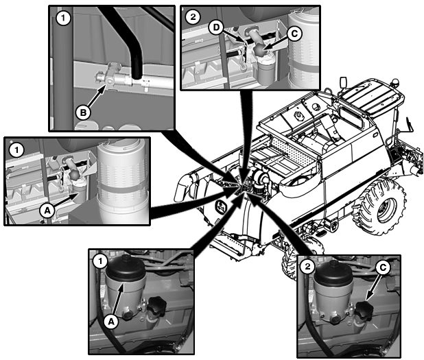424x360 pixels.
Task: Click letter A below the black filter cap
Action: pos(110,319)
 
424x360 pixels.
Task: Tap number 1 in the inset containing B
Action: pos(63,19)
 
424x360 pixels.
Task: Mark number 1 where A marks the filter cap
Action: pos(101,260)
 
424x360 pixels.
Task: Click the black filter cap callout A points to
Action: pos(127,269)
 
